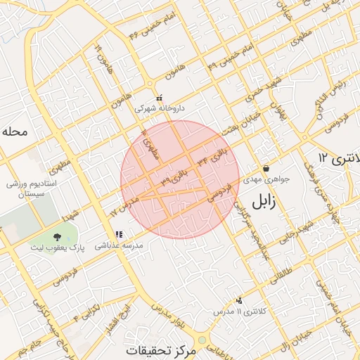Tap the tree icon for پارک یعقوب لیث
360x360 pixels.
coord(57,236)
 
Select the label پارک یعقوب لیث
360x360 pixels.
coord(56,247)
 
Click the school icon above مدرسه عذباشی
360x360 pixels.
coord(118,234)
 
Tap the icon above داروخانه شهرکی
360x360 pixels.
coord(160,98)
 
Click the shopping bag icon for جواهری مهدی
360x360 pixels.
coord(266,169)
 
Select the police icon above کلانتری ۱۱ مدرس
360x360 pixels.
coord(240,300)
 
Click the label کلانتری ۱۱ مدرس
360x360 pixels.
coord(232,311)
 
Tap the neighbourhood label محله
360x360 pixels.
coord(15,131)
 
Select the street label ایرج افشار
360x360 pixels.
coord(123,321)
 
